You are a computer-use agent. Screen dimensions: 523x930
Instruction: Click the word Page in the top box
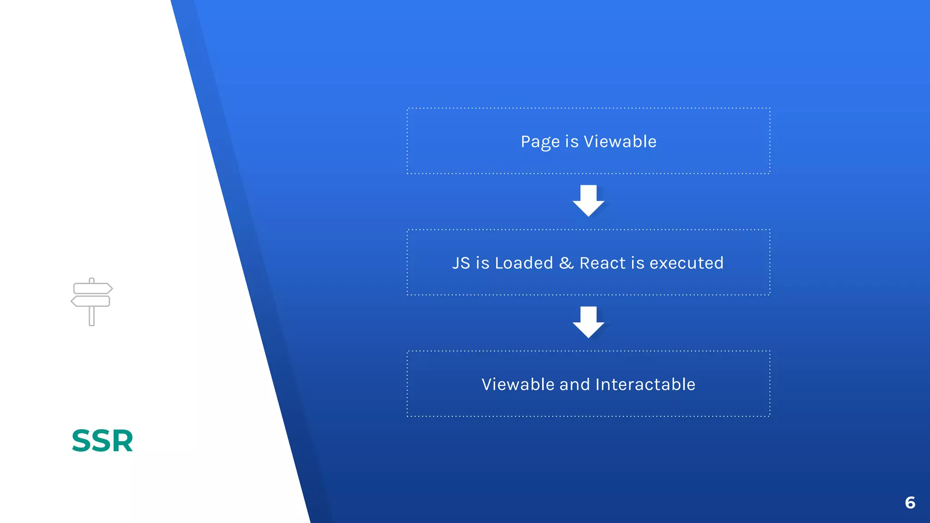(540, 142)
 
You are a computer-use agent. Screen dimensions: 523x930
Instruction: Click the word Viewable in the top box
(620, 142)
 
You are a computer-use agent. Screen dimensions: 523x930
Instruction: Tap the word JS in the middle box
(461, 263)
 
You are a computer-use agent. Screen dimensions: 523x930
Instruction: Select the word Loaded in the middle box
(524, 263)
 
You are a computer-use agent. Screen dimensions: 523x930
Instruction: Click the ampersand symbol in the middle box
(566, 263)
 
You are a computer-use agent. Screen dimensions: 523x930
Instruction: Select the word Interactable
(645, 385)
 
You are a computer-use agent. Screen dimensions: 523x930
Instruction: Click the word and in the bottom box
(574, 385)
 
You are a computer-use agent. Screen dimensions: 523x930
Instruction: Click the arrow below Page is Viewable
(589, 201)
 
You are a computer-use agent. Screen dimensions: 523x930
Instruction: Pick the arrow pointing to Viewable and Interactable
(589, 322)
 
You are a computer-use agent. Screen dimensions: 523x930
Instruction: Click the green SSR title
(103, 441)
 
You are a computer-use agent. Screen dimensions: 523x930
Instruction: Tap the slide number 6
(910, 503)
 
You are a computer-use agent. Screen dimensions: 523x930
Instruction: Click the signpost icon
(92, 301)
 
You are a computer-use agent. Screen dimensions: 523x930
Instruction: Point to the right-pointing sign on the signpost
(93, 288)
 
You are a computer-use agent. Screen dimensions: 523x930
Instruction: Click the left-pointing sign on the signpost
(90, 301)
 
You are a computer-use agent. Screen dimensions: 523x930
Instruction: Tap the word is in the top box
(572, 142)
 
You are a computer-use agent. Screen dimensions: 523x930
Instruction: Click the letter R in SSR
(122, 441)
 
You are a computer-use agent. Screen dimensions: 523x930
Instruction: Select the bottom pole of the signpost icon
(92, 316)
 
